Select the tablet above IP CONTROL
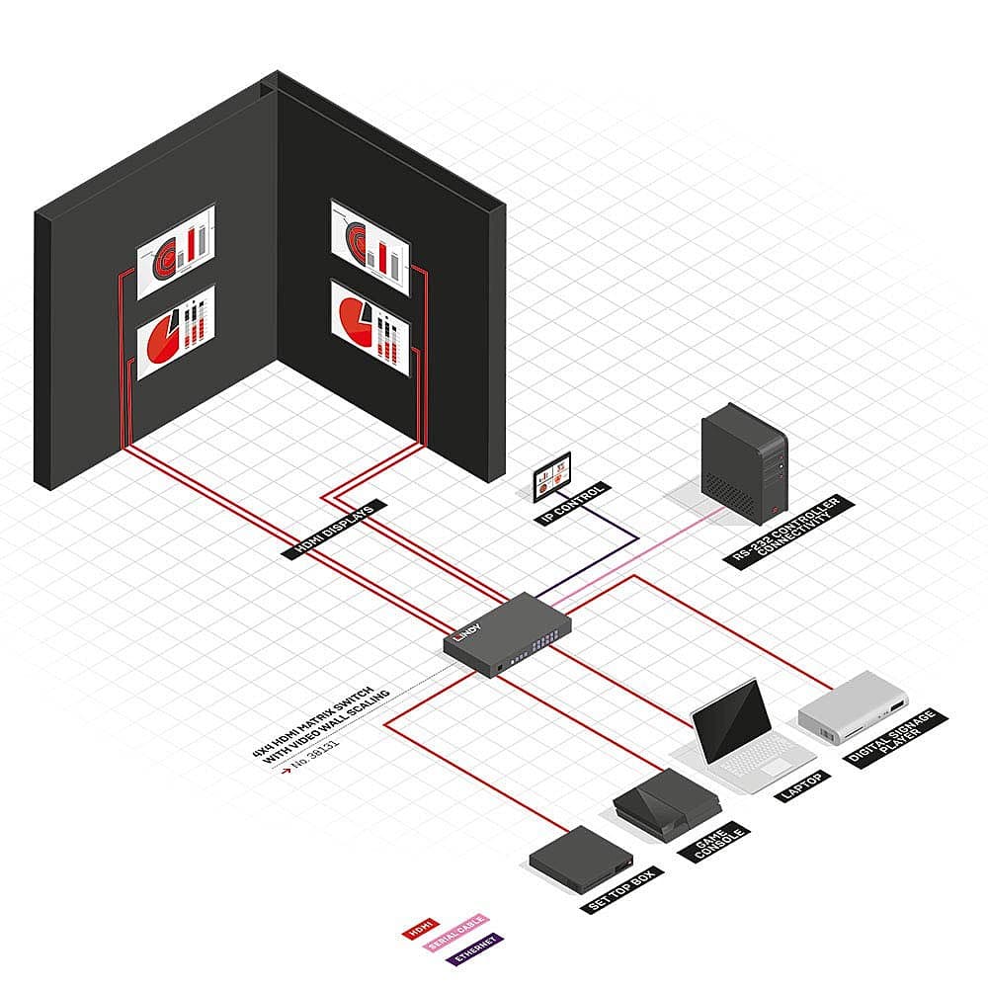(x=552, y=475)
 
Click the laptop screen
(x=732, y=718)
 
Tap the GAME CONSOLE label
(x=718, y=843)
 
